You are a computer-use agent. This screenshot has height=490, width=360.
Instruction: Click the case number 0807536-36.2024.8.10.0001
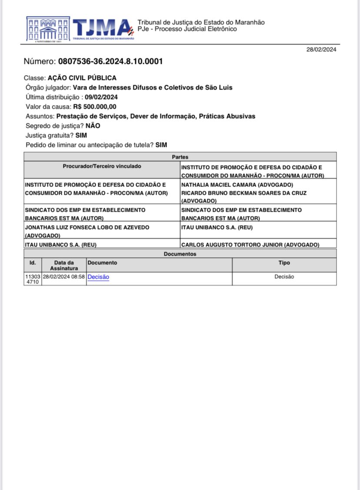110,61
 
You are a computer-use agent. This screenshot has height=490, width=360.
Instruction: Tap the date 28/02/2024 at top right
321,49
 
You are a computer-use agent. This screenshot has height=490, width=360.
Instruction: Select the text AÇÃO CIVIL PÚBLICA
82,78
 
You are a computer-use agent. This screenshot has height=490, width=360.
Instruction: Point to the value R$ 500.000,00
95,107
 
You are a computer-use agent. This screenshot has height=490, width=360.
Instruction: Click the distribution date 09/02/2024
101,97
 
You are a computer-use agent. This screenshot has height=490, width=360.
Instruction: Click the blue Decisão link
98,277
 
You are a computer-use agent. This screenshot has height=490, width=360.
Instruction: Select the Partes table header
180,157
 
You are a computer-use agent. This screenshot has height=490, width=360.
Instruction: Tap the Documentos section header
180,254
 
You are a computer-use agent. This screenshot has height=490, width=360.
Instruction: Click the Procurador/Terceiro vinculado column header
102,166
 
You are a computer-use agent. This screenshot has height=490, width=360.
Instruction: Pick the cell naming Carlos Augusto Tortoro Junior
250,245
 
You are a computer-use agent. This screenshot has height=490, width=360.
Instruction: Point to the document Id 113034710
33,279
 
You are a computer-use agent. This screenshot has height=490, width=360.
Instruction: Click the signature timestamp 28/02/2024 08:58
64,277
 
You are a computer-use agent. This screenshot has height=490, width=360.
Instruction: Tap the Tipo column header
284,263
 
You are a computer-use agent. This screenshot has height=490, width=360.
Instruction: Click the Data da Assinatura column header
64,265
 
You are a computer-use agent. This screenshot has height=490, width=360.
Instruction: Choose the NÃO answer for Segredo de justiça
93,126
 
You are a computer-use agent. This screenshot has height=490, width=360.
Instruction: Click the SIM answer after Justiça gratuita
81,135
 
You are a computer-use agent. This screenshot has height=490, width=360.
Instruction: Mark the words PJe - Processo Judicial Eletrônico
187,29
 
